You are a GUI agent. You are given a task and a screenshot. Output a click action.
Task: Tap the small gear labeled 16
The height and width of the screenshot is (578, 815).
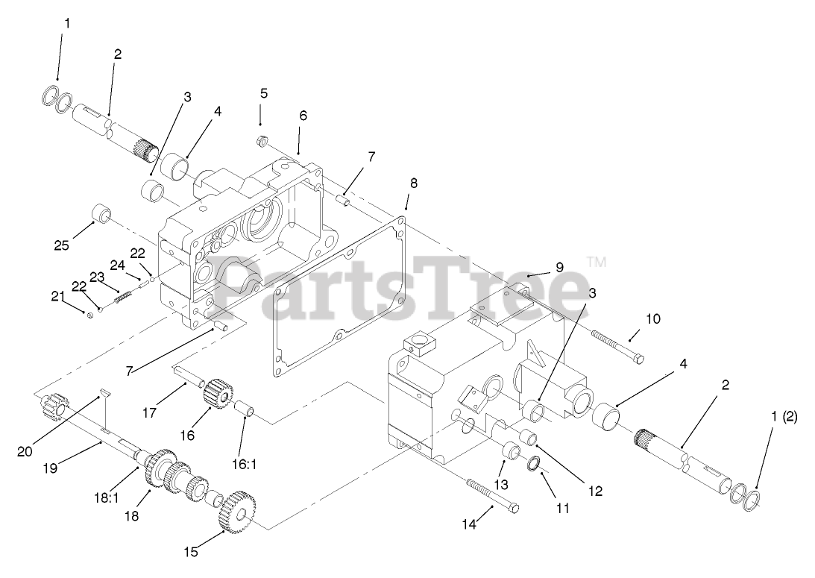218,393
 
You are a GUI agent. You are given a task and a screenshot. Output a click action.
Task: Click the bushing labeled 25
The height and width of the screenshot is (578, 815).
100,216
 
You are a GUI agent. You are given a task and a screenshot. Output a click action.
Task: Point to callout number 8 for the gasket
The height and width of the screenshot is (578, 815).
414,182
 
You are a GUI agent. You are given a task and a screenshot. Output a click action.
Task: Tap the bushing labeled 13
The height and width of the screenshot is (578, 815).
512,451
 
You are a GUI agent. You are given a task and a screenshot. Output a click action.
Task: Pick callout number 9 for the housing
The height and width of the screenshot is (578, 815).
559,267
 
